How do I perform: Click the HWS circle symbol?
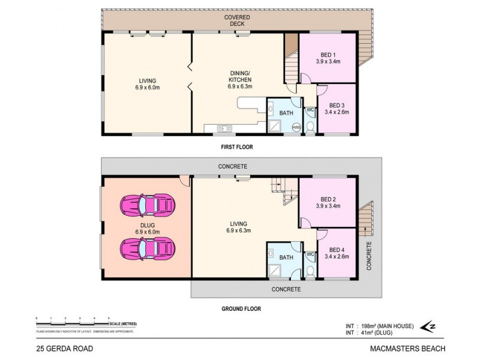pos(296,127)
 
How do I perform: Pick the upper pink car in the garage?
pos(148,205)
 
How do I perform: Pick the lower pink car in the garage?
pos(148,247)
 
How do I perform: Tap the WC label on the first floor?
pos(310,110)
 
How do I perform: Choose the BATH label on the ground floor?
pos(286,257)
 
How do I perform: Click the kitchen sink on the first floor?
pos(224,127)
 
